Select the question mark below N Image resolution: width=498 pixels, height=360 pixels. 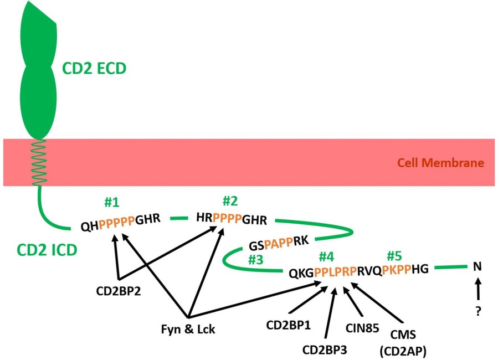click(478, 311)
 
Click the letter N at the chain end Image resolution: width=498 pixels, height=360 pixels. click(477, 267)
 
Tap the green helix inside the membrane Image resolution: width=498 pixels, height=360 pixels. click(38, 163)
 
